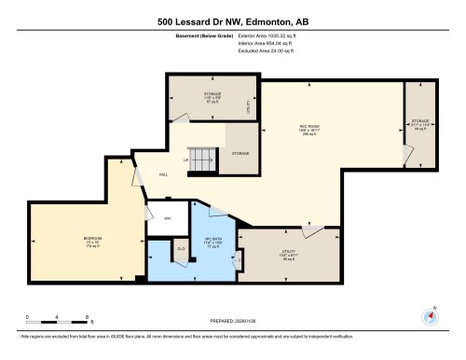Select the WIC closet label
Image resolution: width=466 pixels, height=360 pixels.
(x=168, y=219)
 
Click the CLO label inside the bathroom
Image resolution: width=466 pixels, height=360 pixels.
(x=181, y=248)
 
